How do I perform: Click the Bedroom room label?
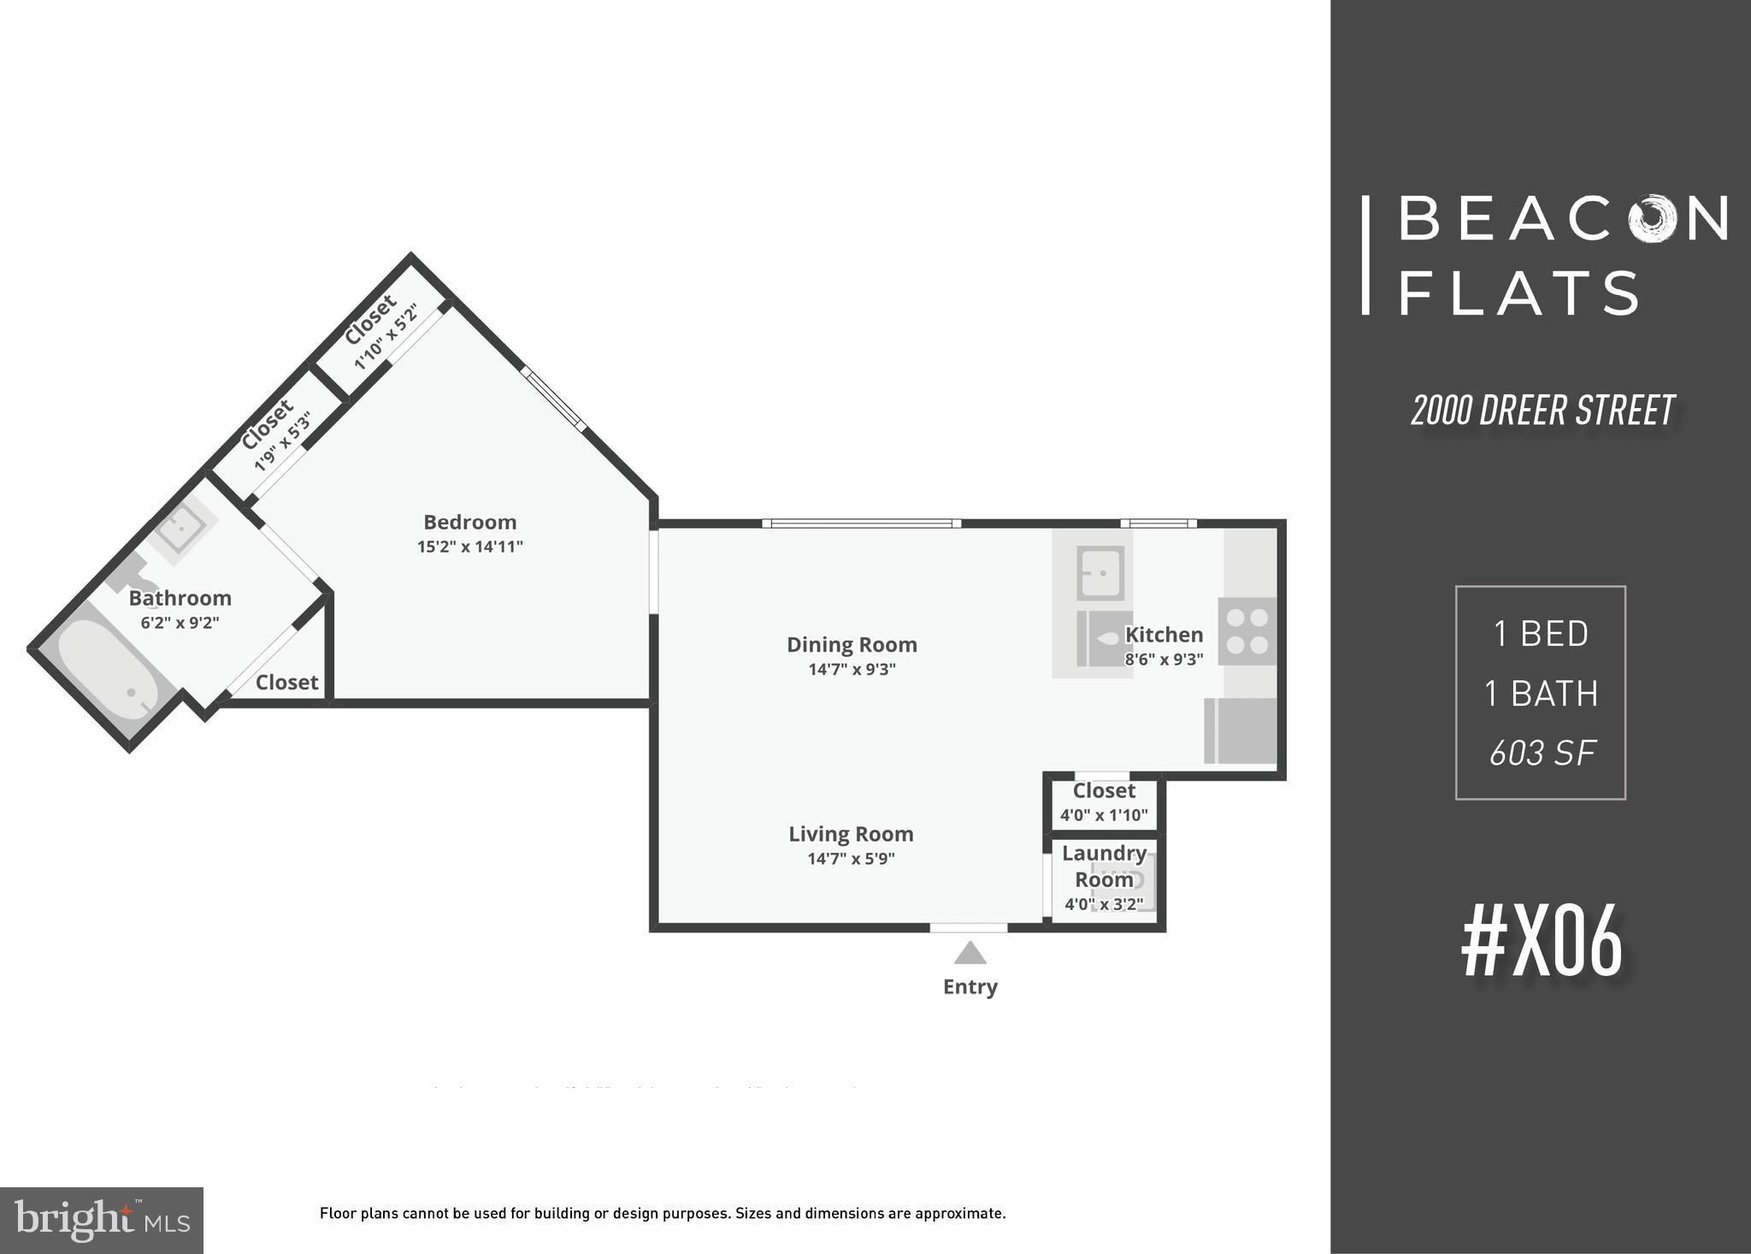[x=469, y=522]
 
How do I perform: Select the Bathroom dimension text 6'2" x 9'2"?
[x=180, y=623]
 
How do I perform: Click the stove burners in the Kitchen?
[x=1247, y=630]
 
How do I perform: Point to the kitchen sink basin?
[x=1100, y=571]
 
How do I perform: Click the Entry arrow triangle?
[x=970, y=952]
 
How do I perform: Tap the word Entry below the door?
[x=970, y=987]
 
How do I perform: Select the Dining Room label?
[x=852, y=645]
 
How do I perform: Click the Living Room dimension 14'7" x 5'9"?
[x=851, y=859]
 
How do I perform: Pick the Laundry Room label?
[x=1104, y=866]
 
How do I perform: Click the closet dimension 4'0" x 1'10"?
[x=1104, y=815]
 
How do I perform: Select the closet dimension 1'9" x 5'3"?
[x=282, y=441]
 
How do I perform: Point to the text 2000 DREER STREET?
[x=1542, y=411]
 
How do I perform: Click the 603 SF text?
[x=1542, y=754]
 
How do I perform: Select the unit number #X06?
[x=1542, y=943]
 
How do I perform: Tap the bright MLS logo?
[x=102, y=1221]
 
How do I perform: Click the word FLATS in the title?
[x=1518, y=293]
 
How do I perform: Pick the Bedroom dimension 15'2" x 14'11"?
[x=469, y=547]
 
